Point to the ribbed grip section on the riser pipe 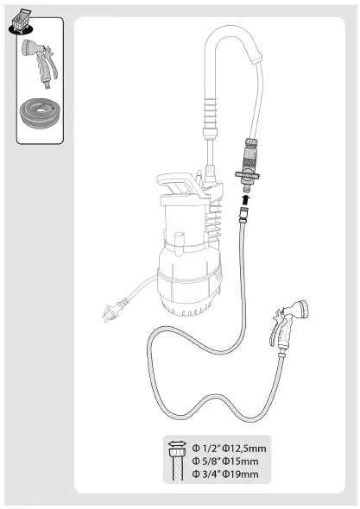point(208,112)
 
